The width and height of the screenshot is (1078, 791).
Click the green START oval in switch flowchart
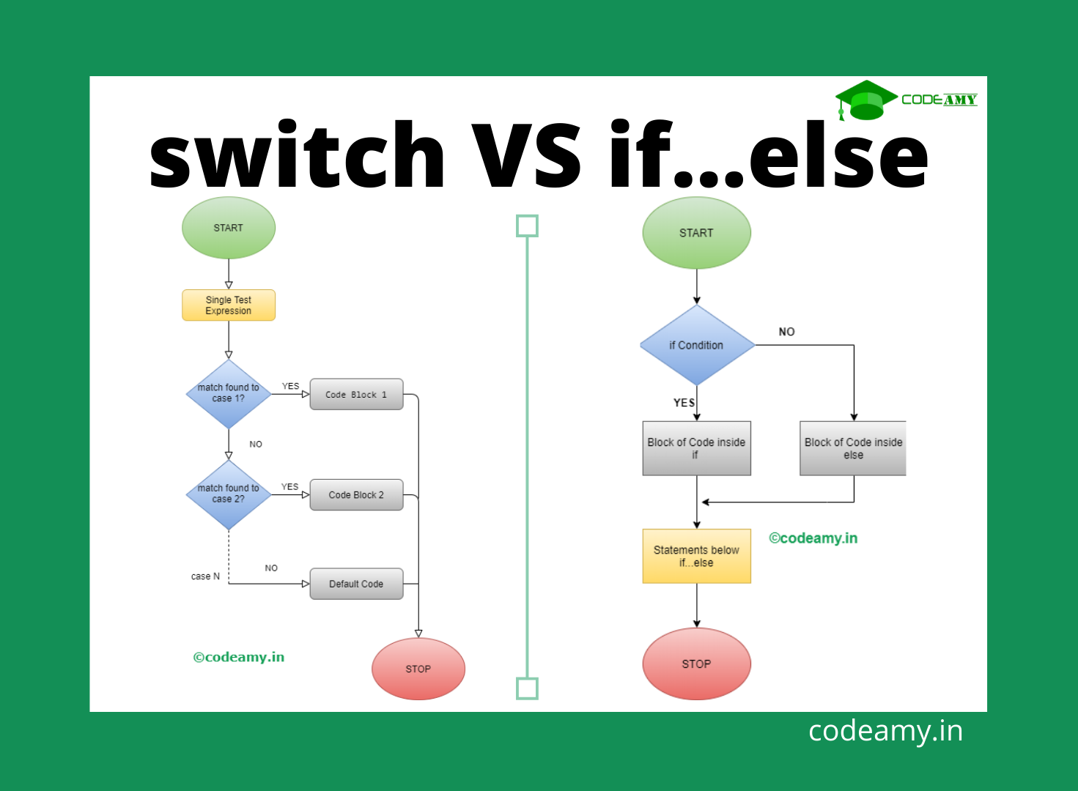228,228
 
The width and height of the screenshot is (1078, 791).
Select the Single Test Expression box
228,305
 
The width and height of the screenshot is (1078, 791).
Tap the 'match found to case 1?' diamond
229,393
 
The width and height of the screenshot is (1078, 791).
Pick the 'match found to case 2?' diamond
229,494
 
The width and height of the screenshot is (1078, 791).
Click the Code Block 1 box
356,394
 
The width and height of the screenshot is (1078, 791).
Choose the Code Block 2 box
356,495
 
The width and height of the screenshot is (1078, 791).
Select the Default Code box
356,584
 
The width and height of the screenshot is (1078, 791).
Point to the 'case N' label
205,576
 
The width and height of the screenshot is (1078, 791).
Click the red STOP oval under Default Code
418,669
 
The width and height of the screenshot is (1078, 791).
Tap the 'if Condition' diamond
696,345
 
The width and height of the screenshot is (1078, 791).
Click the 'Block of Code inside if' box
696,448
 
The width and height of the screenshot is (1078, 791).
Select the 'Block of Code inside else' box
853,448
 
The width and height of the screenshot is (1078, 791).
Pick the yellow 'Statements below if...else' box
696,556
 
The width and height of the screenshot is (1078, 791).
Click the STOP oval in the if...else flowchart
696,664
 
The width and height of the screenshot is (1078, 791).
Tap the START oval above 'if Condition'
696,233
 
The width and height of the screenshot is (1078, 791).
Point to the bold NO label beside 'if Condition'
786,332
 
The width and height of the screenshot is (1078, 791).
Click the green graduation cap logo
865,100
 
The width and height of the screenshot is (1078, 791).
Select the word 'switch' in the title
297,156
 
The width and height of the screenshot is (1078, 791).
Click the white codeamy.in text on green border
885,731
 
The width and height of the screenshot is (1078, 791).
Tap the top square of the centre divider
527,226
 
